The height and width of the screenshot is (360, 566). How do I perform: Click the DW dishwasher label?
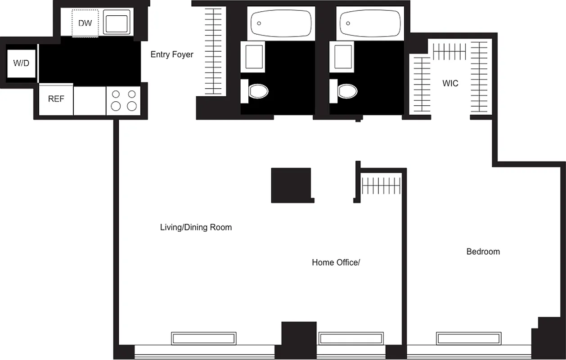85,23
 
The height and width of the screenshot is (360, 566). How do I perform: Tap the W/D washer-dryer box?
21,63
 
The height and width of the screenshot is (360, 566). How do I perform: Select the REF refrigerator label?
56,99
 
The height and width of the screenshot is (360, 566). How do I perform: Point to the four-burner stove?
124,100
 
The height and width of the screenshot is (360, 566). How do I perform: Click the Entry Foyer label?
172,54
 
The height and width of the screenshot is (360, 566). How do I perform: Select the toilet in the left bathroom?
257,91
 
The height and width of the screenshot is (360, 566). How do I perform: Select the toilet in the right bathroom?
346,91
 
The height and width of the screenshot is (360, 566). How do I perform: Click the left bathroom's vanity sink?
254,56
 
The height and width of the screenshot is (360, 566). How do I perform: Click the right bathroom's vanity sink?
343,56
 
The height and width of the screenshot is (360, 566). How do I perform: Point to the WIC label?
450,83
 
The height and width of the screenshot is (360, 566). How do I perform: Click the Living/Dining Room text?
196,227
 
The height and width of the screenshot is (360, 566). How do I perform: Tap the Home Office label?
336,262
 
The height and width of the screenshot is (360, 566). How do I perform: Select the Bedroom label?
483,252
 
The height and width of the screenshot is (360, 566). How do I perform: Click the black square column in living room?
291,185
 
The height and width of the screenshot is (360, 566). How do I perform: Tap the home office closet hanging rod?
381,185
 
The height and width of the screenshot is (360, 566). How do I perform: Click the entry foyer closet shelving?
213,52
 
